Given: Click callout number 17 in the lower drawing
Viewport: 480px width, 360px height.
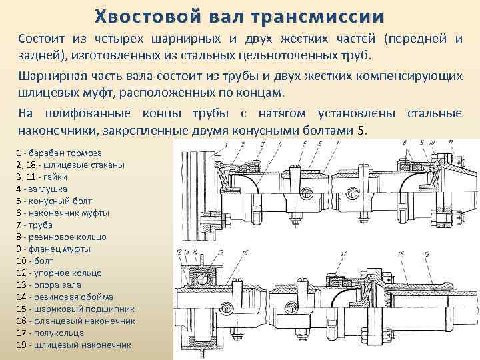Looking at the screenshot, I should pyautogui.click(x=343, y=253).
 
